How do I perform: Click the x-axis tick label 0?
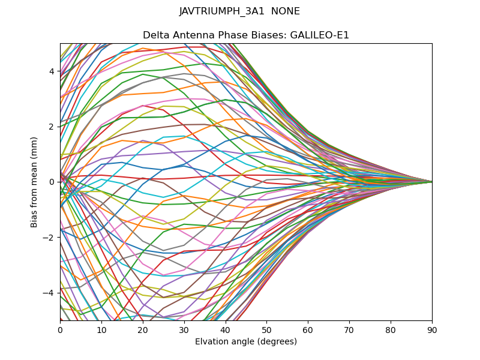pyautogui.click(x=60, y=329)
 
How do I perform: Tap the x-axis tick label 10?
pyautogui.click(x=101, y=329)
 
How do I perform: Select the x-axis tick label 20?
pyautogui.click(x=143, y=329)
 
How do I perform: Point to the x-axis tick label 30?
pyautogui.click(x=184, y=329)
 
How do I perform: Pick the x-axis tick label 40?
pyautogui.click(x=226, y=329)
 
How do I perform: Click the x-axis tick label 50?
pyautogui.click(x=266, y=329)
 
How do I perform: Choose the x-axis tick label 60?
pyautogui.click(x=308, y=329)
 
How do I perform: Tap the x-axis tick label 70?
pyautogui.click(x=349, y=329)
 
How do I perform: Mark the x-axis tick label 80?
pyautogui.click(x=391, y=329)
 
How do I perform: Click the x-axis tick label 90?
pyautogui.click(x=432, y=329)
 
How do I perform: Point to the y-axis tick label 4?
pyautogui.click(x=52, y=71)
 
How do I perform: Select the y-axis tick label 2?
pyautogui.click(x=52, y=127)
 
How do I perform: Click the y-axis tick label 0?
pyautogui.click(x=52, y=182)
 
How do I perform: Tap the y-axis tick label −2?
pyautogui.click(x=50, y=237)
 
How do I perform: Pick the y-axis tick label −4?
pyautogui.click(x=50, y=293)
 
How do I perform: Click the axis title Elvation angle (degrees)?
pyautogui.click(x=246, y=341)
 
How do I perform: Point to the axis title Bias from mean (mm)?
pyautogui.click(x=35, y=181)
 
